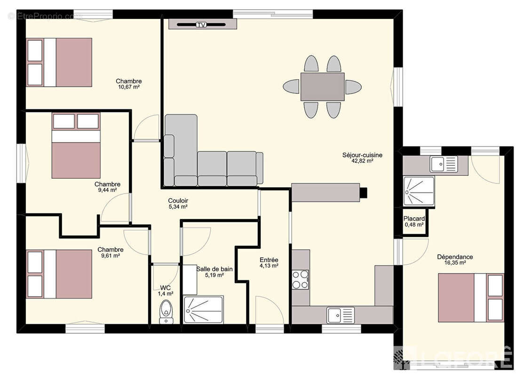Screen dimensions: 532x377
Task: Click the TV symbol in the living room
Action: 201,25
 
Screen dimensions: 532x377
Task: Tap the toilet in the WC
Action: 166,311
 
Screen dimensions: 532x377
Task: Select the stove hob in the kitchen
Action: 301,279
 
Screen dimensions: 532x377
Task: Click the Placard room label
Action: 414,219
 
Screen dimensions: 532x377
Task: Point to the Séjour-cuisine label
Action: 362,155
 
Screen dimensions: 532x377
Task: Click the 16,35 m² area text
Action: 455,262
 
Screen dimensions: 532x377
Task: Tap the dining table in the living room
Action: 322,87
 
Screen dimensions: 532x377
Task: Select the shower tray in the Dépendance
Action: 419,191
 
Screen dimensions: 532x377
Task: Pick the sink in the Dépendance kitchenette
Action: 444,164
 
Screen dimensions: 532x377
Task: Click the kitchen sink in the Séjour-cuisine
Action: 341,315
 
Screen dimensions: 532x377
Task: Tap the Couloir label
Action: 178,201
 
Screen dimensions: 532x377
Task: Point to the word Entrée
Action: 269,260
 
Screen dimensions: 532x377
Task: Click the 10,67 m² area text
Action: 129,87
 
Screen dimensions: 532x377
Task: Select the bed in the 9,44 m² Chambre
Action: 76,146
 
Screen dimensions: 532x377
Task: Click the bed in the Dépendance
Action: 471,297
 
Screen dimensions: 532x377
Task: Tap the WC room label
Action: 165,288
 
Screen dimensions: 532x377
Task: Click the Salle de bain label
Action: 214,269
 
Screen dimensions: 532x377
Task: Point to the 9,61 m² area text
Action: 111,255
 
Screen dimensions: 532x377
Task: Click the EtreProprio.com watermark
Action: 45,16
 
